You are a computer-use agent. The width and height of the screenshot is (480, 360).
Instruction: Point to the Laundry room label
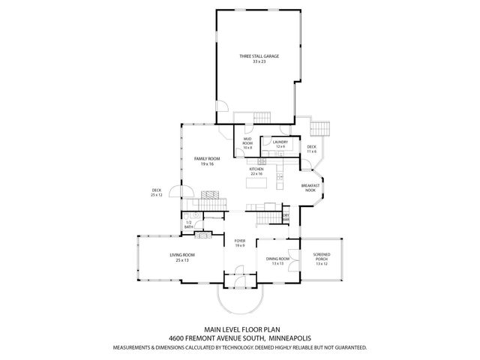point(280,142)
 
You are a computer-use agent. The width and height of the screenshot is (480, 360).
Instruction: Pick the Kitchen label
point(257,169)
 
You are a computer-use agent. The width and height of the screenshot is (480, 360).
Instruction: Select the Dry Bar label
point(286,217)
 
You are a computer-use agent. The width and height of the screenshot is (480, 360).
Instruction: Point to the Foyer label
point(240,242)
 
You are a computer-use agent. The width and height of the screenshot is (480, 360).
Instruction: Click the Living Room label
point(181,256)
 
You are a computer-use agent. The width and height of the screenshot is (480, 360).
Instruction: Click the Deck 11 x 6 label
point(312,149)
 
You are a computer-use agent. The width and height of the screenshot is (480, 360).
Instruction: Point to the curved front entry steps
point(240,300)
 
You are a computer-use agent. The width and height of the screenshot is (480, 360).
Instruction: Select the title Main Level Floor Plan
point(240,328)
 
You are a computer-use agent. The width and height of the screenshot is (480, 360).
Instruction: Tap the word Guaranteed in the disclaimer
point(346,348)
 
